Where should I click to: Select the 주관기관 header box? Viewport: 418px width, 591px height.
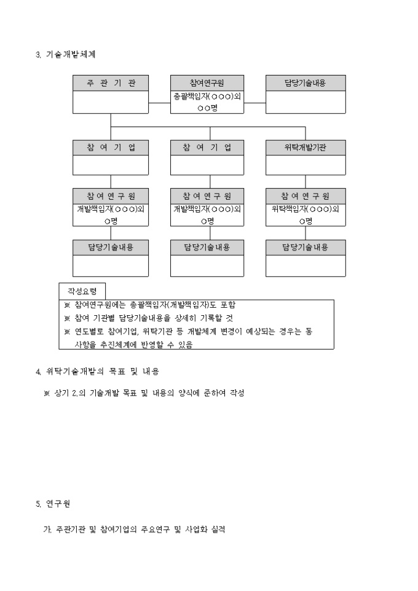[111, 83]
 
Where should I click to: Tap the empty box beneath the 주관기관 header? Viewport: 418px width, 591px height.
[111, 102]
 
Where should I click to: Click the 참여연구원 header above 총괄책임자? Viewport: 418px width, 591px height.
[207, 83]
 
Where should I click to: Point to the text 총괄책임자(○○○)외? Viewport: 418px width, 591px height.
[207, 96]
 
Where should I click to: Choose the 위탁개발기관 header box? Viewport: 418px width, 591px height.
[305, 148]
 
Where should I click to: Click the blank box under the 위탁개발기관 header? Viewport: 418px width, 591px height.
[305, 165]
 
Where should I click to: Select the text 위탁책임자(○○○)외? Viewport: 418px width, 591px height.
[305, 208]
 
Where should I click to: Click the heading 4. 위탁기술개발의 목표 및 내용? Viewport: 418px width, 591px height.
[101, 371]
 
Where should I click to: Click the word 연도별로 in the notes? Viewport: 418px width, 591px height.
[89, 331]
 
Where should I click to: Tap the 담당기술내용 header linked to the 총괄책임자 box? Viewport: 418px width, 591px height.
[305, 83]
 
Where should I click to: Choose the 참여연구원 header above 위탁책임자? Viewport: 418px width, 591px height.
[305, 196]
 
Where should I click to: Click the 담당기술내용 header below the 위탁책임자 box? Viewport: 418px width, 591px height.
[305, 247]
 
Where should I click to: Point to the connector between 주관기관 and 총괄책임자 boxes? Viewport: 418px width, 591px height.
[159, 102]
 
